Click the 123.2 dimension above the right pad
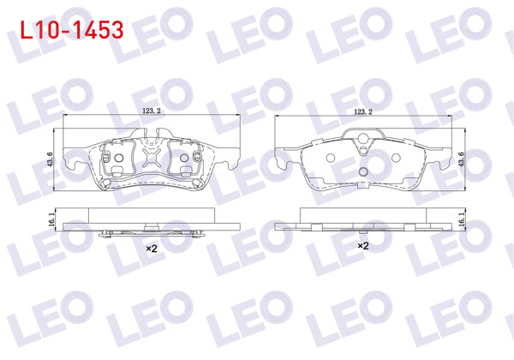(366, 111)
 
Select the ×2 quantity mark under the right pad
(362, 246)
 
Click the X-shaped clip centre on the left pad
(152, 157)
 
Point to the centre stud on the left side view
(152, 227)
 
